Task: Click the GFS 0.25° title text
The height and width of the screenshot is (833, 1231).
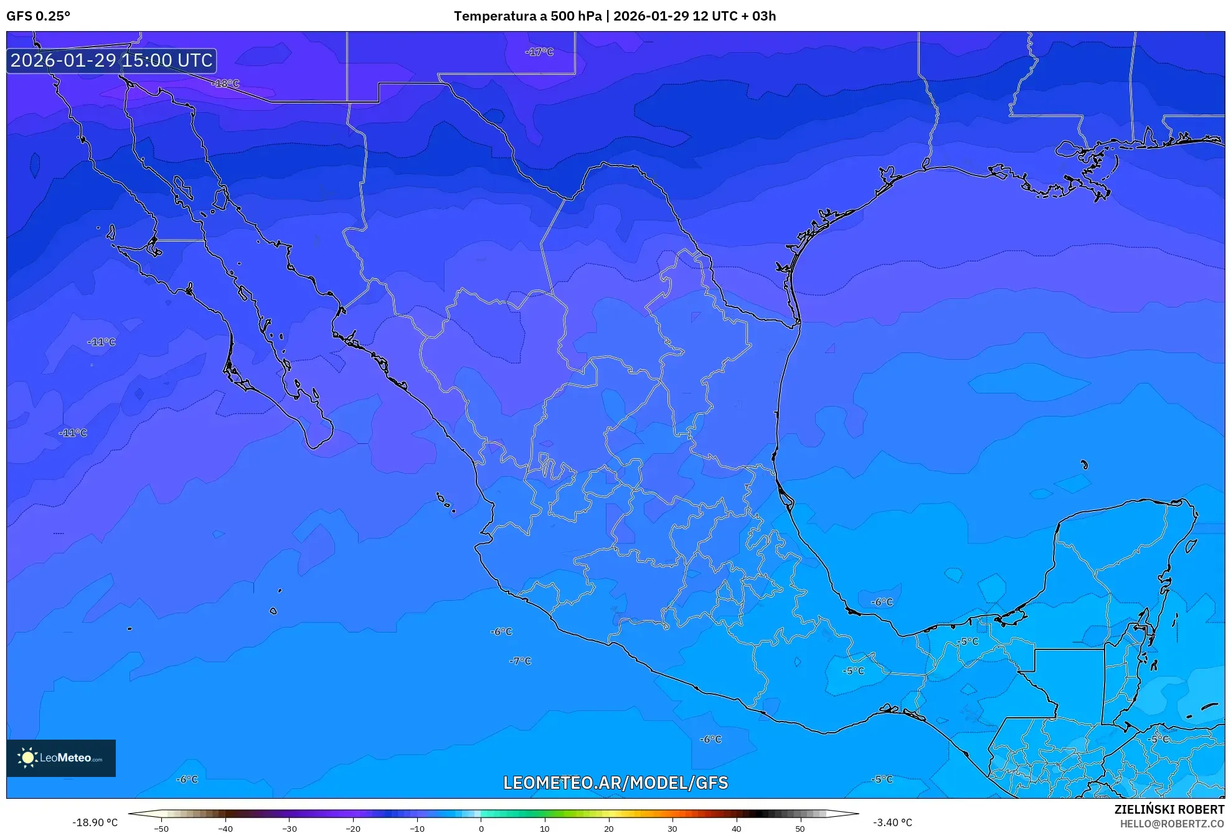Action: [x=38, y=16]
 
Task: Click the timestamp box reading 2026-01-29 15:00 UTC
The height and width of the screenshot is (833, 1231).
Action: [x=111, y=60]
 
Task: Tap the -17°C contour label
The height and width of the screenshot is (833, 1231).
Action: [x=539, y=52]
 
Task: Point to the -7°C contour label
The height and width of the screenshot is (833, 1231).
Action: [x=521, y=661]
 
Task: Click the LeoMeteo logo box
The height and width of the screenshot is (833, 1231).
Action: [x=61, y=758]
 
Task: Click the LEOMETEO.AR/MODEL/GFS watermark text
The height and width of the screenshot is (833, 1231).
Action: [x=615, y=783]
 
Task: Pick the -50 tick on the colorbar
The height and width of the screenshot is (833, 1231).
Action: [x=161, y=829]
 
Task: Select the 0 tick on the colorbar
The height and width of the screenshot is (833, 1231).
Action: [x=481, y=829]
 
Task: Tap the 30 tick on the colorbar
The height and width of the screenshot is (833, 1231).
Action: [x=672, y=829]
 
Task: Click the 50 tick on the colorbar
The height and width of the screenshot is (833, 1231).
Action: [x=800, y=829]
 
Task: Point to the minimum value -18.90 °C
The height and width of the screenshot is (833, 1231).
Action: [x=95, y=822]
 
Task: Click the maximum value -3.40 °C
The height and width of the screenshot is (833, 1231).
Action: [x=892, y=822]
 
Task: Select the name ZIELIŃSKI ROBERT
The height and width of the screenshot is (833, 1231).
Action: [x=1169, y=809]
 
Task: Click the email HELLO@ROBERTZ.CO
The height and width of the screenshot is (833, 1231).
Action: [x=1172, y=824]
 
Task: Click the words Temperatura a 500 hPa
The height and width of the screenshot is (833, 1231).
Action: [x=527, y=16]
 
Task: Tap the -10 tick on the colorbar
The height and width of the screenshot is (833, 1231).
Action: [x=417, y=829]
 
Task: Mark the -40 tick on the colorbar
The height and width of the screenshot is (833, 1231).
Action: [x=225, y=829]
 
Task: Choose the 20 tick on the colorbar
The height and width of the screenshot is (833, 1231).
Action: [x=608, y=829]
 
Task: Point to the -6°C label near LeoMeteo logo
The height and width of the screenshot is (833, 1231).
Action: [x=187, y=779]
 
